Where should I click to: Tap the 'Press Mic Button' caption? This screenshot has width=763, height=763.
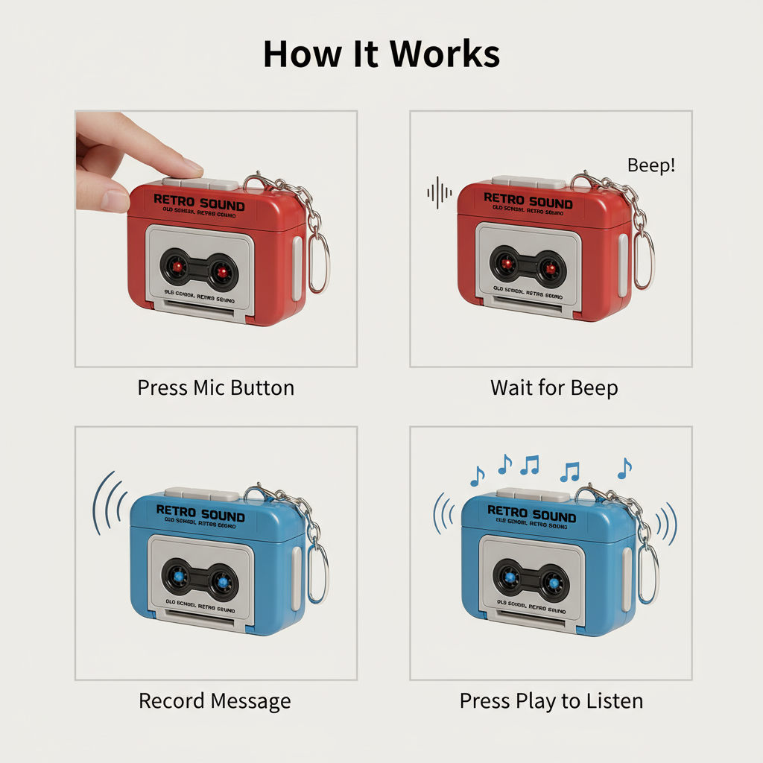tap(216, 388)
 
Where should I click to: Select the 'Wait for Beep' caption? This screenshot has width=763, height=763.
tap(554, 388)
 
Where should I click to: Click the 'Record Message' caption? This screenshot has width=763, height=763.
tap(215, 701)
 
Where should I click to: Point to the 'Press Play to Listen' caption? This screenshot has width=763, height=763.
tap(551, 701)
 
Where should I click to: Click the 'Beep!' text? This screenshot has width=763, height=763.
tap(651, 165)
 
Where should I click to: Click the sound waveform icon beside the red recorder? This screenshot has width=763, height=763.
tap(439, 192)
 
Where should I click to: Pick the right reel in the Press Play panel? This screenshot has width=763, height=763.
tap(551, 579)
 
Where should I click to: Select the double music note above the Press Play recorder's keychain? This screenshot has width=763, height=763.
tap(570, 471)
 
